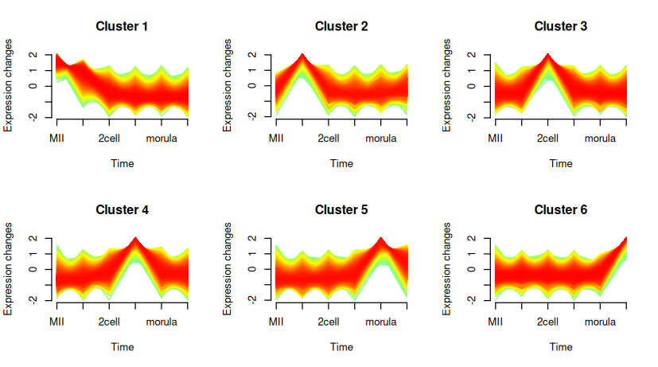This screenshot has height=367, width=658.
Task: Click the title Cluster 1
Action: pyautogui.click(x=122, y=26)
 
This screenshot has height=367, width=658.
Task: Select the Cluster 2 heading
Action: pyautogui.click(x=341, y=26)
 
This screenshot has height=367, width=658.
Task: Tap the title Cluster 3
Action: pyautogui.click(x=561, y=26)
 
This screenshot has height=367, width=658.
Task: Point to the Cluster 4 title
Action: pyautogui.click(x=122, y=210)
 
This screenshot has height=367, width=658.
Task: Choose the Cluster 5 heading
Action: pyautogui.click(x=341, y=210)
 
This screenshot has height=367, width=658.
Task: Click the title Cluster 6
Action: pyautogui.click(x=561, y=210)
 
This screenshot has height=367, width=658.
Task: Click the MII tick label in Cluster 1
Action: pyautogui.click(x=56, y=138)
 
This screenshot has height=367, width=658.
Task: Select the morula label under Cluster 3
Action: pyautogui.click(x=601, y=138)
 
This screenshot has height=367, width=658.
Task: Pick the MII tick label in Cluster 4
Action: pyautogui.click(x=56, y=322)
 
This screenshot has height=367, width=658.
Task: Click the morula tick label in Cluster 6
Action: pyautogui.click(x=601, y=322)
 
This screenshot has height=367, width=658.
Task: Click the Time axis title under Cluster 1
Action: pyautogui.click(x=122, y=163)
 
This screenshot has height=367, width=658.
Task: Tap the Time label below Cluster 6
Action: pyautogui.click(x=561, y=347)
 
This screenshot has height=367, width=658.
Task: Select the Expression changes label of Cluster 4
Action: pyautogui.click(x=9, y=269)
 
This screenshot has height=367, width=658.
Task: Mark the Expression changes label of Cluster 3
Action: pyautogui.click(x=448, y=85)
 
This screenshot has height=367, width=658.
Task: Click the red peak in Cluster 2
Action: pyautogui.click(x=302, y=56)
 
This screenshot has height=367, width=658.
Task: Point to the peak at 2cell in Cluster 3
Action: pyautogui.click(x=548, y=56)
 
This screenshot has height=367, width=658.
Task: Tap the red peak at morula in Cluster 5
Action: pyautogui.click(x=381, y=239)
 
